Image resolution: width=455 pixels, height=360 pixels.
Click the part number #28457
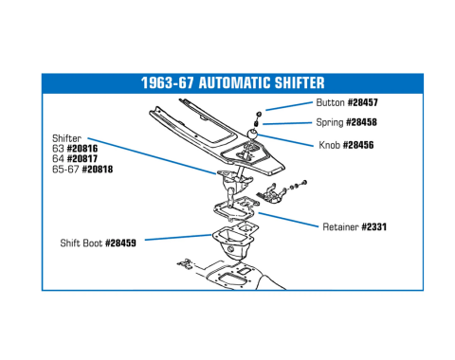tap(363, 102)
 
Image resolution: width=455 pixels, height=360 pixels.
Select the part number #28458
tap(361, 122)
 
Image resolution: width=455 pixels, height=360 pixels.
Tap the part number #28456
tap(358, 145)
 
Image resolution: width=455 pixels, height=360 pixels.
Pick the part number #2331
tap(373, 226)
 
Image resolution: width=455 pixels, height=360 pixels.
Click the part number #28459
tap(120, 243)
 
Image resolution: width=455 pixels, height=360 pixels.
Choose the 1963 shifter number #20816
tap(82, 149)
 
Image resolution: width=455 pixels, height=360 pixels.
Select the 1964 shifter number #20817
tap(82, 158)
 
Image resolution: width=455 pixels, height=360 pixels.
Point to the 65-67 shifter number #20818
tap(98, 169)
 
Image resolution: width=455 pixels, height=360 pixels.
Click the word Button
tap(330, 102)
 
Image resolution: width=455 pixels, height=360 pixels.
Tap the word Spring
tap(330, 122)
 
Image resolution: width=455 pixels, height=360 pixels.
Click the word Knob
tap(329, 145)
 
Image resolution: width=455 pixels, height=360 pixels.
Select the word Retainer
tap(340, 226)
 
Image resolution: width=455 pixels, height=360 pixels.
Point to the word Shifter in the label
tap(66, 138)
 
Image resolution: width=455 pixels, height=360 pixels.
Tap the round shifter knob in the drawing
tap(252, 134)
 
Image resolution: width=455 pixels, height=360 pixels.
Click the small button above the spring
tap(258, 114)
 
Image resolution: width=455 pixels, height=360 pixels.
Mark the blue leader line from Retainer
tap(288, 220)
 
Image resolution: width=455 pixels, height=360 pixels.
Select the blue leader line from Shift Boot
tap(178, 237)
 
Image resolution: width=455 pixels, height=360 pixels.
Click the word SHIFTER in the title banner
tap(300, 83)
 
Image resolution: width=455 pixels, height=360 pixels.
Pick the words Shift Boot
tap(82, 243)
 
